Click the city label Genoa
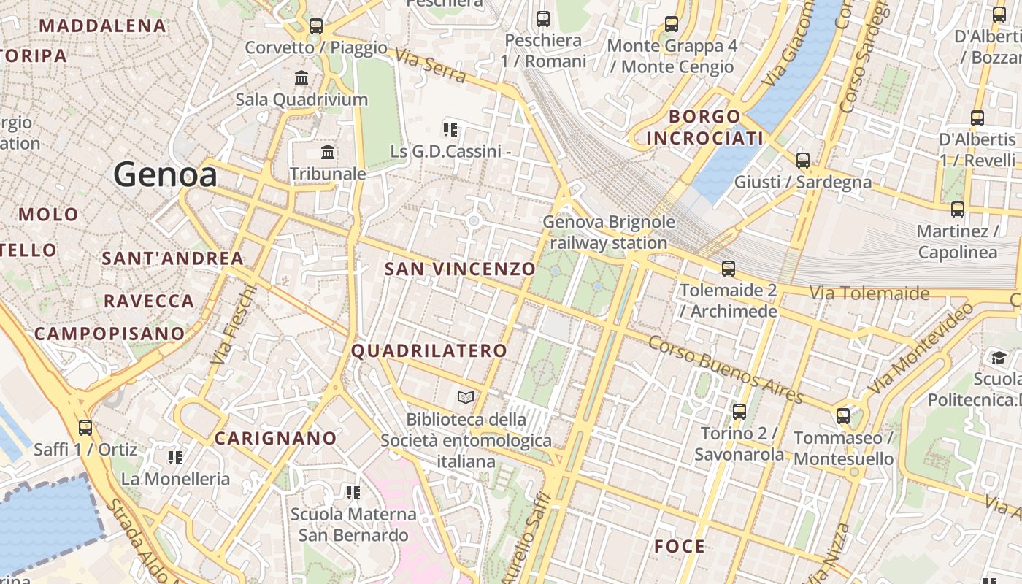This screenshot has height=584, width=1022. click(165, 175)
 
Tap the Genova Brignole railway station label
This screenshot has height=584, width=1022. click(609, 232)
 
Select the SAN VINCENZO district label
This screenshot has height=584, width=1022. click(460, 269)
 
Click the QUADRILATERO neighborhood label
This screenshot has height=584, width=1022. click(429, 350)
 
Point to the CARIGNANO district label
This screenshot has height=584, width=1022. click(275, 438)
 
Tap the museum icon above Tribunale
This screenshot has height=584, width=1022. click(328, 153)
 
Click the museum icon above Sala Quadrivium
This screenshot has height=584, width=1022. click(301, 77)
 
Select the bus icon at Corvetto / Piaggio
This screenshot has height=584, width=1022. click(316, 26)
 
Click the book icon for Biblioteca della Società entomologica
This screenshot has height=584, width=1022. click(466, 398)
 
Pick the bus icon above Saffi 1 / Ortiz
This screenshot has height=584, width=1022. click(85, 428)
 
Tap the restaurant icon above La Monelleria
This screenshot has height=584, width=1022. click(174, 458)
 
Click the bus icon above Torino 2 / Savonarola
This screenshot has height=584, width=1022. click(739, 412)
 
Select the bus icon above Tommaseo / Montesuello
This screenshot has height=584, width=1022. click(843, 416)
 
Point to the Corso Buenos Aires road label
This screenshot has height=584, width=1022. click(726, 369)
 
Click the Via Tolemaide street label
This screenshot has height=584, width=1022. click(869, 293)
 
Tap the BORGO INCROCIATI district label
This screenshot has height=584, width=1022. click(705, 127)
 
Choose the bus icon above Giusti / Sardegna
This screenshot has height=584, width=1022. click(803, 161)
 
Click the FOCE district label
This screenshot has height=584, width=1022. click(680, 546)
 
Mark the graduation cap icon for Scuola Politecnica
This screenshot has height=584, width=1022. click(998, 358)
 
